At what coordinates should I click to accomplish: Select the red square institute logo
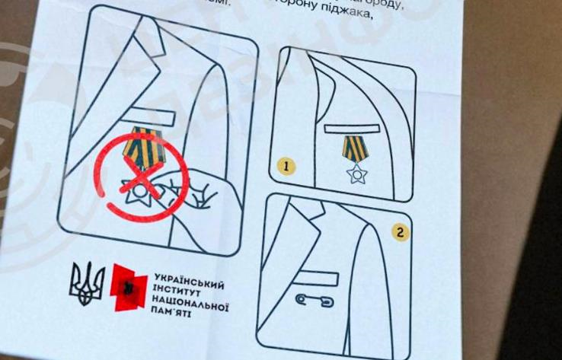(127, 287)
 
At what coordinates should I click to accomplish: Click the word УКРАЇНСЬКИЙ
(189, 278)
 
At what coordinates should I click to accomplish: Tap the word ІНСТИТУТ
(177, 290)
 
